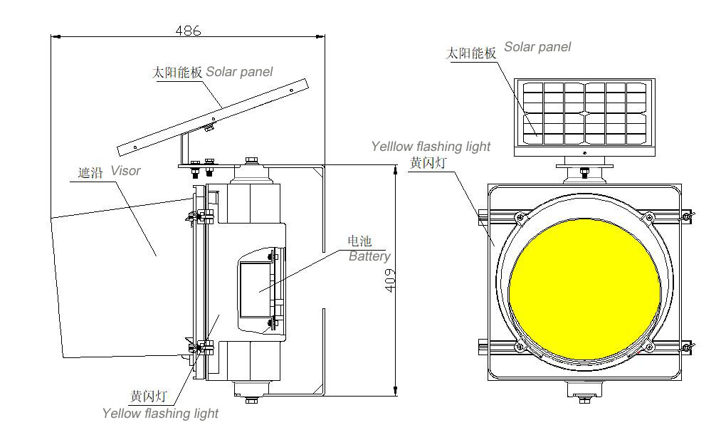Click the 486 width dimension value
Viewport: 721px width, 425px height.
coord(188,31)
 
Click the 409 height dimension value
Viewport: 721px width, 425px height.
coord(390,280)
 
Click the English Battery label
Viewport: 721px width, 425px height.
coord(369,256)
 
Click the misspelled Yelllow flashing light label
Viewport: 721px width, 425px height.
coord(431,147)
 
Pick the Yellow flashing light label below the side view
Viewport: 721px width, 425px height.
coord(160,413)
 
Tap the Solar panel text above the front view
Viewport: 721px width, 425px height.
coord(537,47)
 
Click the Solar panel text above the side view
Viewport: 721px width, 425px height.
coord(239,72)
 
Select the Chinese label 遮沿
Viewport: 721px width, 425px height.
coord(90,172)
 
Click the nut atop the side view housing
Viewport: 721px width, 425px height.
coord(251,162)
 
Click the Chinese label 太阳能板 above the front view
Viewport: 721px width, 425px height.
coord(470,53)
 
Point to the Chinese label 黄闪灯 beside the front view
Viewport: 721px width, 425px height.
coord(427,163)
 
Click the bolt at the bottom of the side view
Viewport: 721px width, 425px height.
coord(251,400)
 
